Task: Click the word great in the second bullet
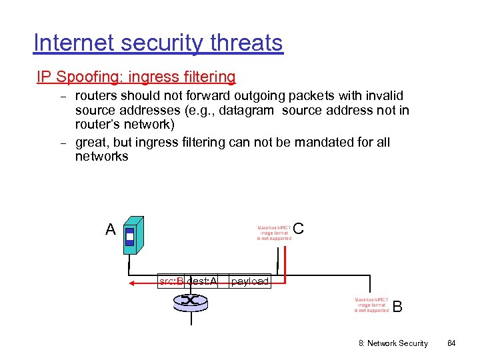pos(91,143)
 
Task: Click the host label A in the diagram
pos(111,231)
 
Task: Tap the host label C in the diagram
pos(298,229)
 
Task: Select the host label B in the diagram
pos(397,307)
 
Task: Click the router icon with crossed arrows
pos(191,301)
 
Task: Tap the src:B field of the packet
pos(171,281)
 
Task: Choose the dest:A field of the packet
pos(202,281)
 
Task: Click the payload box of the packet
pos(249,281)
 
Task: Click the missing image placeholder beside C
pos(274,232)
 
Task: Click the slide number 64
pos(451,343)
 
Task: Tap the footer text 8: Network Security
pos(393,343)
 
